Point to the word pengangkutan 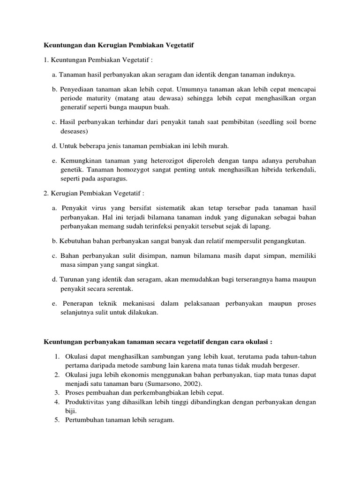click(x=285, y=241)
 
